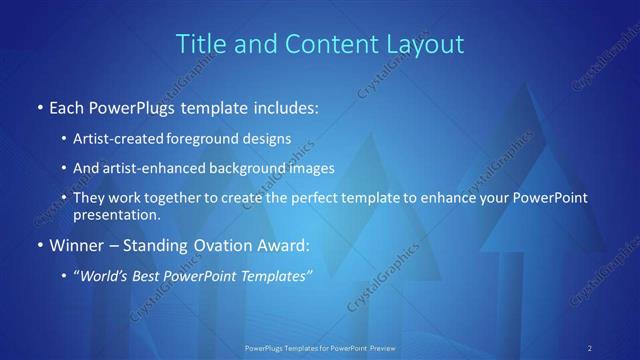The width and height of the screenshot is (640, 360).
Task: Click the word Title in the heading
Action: pos(200,45)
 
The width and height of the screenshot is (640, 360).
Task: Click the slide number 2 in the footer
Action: pos(590,347)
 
